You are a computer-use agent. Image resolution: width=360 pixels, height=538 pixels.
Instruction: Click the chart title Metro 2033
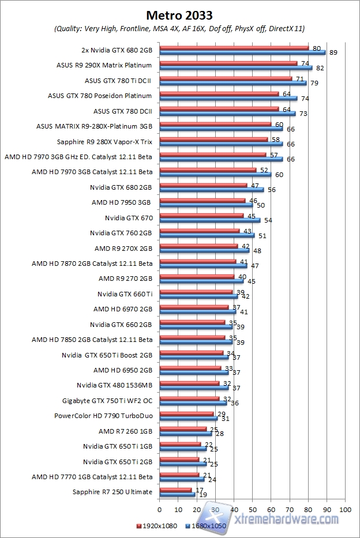(x=179, y=14)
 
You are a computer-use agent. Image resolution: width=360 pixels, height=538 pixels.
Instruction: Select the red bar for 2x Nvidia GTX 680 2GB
(x=234, y=48)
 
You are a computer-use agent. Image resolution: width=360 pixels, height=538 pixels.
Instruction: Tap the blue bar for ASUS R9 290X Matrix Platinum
(x=235, y=68)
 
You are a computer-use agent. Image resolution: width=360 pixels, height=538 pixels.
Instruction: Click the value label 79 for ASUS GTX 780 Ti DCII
(x=314, y=83)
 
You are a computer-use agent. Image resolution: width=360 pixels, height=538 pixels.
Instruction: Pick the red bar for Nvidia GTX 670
(x=201, y=216)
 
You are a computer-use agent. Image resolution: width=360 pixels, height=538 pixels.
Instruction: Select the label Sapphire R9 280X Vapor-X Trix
(x=104, y=141)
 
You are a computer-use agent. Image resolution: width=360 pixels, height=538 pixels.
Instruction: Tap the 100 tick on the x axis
(x=346, y=510)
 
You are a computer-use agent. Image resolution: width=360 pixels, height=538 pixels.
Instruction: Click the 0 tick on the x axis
(x=159, y=510)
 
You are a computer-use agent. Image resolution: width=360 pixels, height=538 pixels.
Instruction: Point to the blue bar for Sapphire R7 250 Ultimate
(x=177, y=494)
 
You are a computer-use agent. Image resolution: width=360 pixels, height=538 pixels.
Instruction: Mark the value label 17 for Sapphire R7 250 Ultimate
(x=199, y=490)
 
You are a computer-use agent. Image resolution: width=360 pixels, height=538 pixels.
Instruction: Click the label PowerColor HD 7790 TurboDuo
(x=103, y=415)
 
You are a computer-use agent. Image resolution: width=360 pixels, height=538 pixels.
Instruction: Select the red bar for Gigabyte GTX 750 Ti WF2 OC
(x=189, y=398)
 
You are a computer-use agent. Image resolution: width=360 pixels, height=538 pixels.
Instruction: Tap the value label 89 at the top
(x=333, y=52)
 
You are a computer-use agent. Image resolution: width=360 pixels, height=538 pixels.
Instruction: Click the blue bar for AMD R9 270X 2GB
(x=204, y=251)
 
